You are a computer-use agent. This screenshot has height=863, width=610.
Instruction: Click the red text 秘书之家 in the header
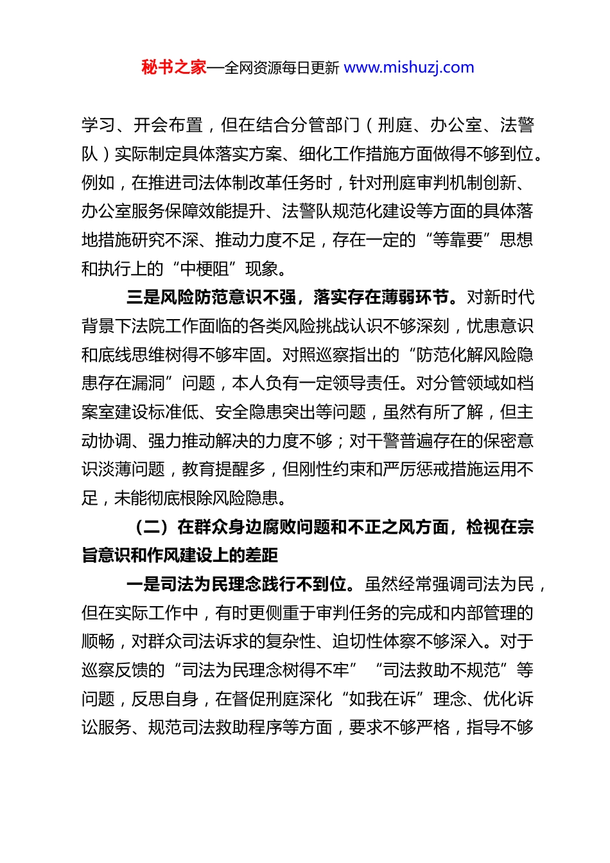point(174,67)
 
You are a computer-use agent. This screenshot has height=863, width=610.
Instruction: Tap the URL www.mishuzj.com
point(409,67)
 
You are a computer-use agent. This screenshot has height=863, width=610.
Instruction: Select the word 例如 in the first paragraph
point(98,183)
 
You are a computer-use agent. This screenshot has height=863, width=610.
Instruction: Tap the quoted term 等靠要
point(458,240)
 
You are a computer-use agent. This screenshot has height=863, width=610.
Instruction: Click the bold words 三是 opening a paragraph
point(143,297)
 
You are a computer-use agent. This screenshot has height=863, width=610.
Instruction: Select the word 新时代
point(509,297)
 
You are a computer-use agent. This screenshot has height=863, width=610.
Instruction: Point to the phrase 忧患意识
point(500,326)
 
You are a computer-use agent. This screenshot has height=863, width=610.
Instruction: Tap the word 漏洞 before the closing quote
point(148,384)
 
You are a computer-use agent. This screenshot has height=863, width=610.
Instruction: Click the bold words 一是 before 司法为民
point(143,585)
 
